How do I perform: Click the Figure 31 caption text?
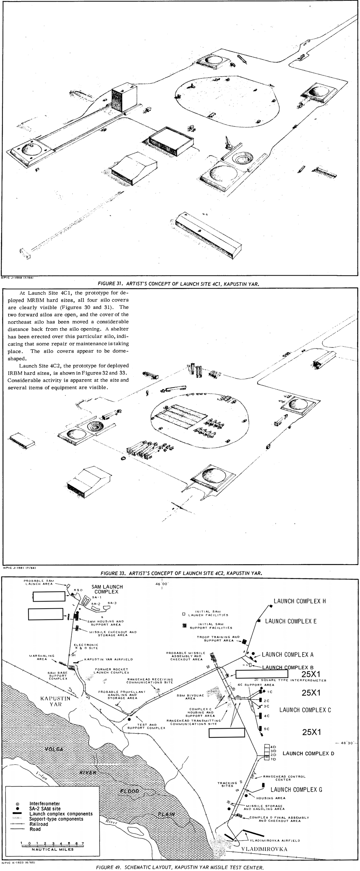178,284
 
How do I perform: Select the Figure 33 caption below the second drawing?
181,573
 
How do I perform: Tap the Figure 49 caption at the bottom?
180,867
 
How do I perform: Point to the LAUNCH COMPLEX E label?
291,621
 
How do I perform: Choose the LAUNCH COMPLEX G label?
296,789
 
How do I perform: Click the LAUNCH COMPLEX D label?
308,753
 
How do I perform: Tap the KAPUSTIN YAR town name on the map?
55,701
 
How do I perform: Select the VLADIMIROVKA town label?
264,849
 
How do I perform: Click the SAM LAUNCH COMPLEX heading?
107,589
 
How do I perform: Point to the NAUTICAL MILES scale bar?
52,845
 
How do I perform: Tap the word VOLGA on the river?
54,749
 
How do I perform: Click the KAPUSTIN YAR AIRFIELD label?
108,659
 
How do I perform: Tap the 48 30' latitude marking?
346,743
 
